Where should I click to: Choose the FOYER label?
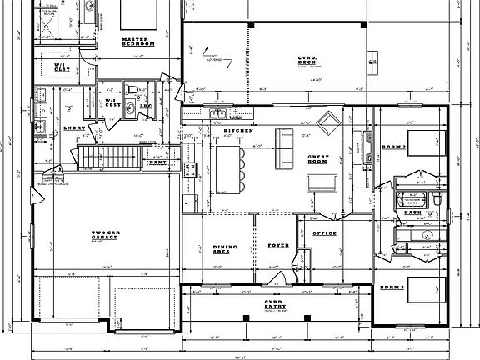[x=277, y=246]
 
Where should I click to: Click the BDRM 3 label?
[x=392, y=287]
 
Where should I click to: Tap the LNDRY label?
[x=73, y=127]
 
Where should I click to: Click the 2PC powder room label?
[x=144, y=107]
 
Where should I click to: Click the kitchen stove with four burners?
[x=190, y=170]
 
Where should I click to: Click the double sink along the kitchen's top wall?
[x=219, y=116]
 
